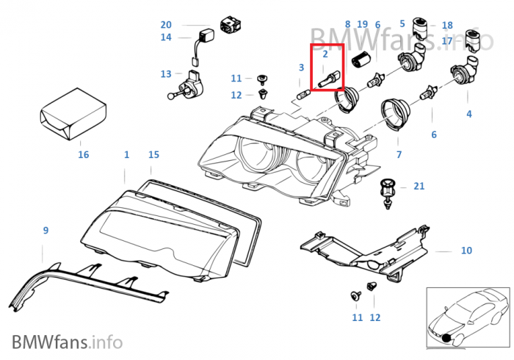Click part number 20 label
(x=166, y=24)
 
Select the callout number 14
(x=166, y=37)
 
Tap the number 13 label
(x=166, y=74)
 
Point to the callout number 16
(x=83, y=154)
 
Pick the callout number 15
(x=153, y=154)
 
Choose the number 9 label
(x=46, y=231)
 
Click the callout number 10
(x=466, y=251)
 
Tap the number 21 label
(x=419, y=187)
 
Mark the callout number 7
(x=399, y=154)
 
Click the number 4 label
(x=468, y=114)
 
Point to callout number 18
(x=447, y=25)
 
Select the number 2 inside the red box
(x=325, y=54)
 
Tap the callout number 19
(x=362, y=24)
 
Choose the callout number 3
(x=301, y=68)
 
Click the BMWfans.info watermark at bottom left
(x=67, y=341)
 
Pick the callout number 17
(x=447, y=41)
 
